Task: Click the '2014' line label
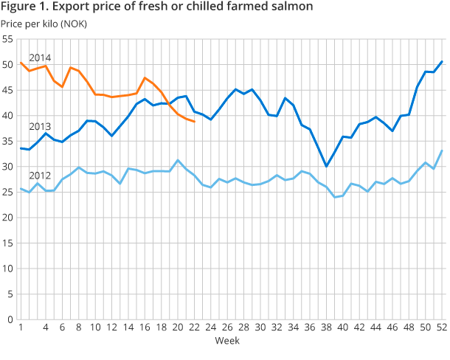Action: (39, 58)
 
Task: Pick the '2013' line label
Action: (39, 126)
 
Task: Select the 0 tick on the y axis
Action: (10, 319)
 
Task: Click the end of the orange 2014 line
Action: (193, 121)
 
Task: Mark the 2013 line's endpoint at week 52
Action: (441, 61)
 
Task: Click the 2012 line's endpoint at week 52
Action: (441, 150)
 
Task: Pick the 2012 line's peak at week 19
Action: (177, 160)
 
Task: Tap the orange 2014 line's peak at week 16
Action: (145, 77)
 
